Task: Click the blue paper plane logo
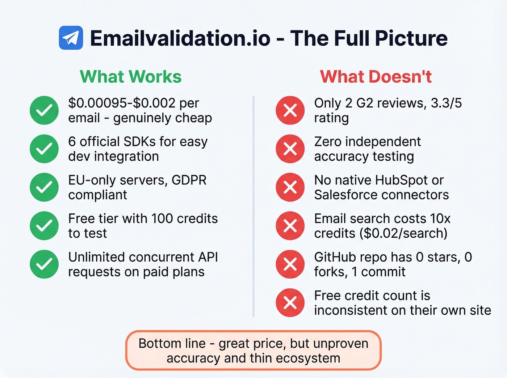71,38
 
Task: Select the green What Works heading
130,77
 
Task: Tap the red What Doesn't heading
376,77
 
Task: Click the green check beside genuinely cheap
44,110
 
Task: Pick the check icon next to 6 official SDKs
44,149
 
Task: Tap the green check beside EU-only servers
44,187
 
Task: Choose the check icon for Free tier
44,226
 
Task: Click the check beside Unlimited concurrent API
44,264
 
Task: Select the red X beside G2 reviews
290,110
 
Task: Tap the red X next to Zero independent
290,149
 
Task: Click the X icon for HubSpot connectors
290,187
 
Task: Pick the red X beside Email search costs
290,226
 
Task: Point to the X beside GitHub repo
290,264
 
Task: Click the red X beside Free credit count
290,303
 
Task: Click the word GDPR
189,180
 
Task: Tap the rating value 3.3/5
446,103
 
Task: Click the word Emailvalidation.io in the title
180,38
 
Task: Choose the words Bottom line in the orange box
172,343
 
